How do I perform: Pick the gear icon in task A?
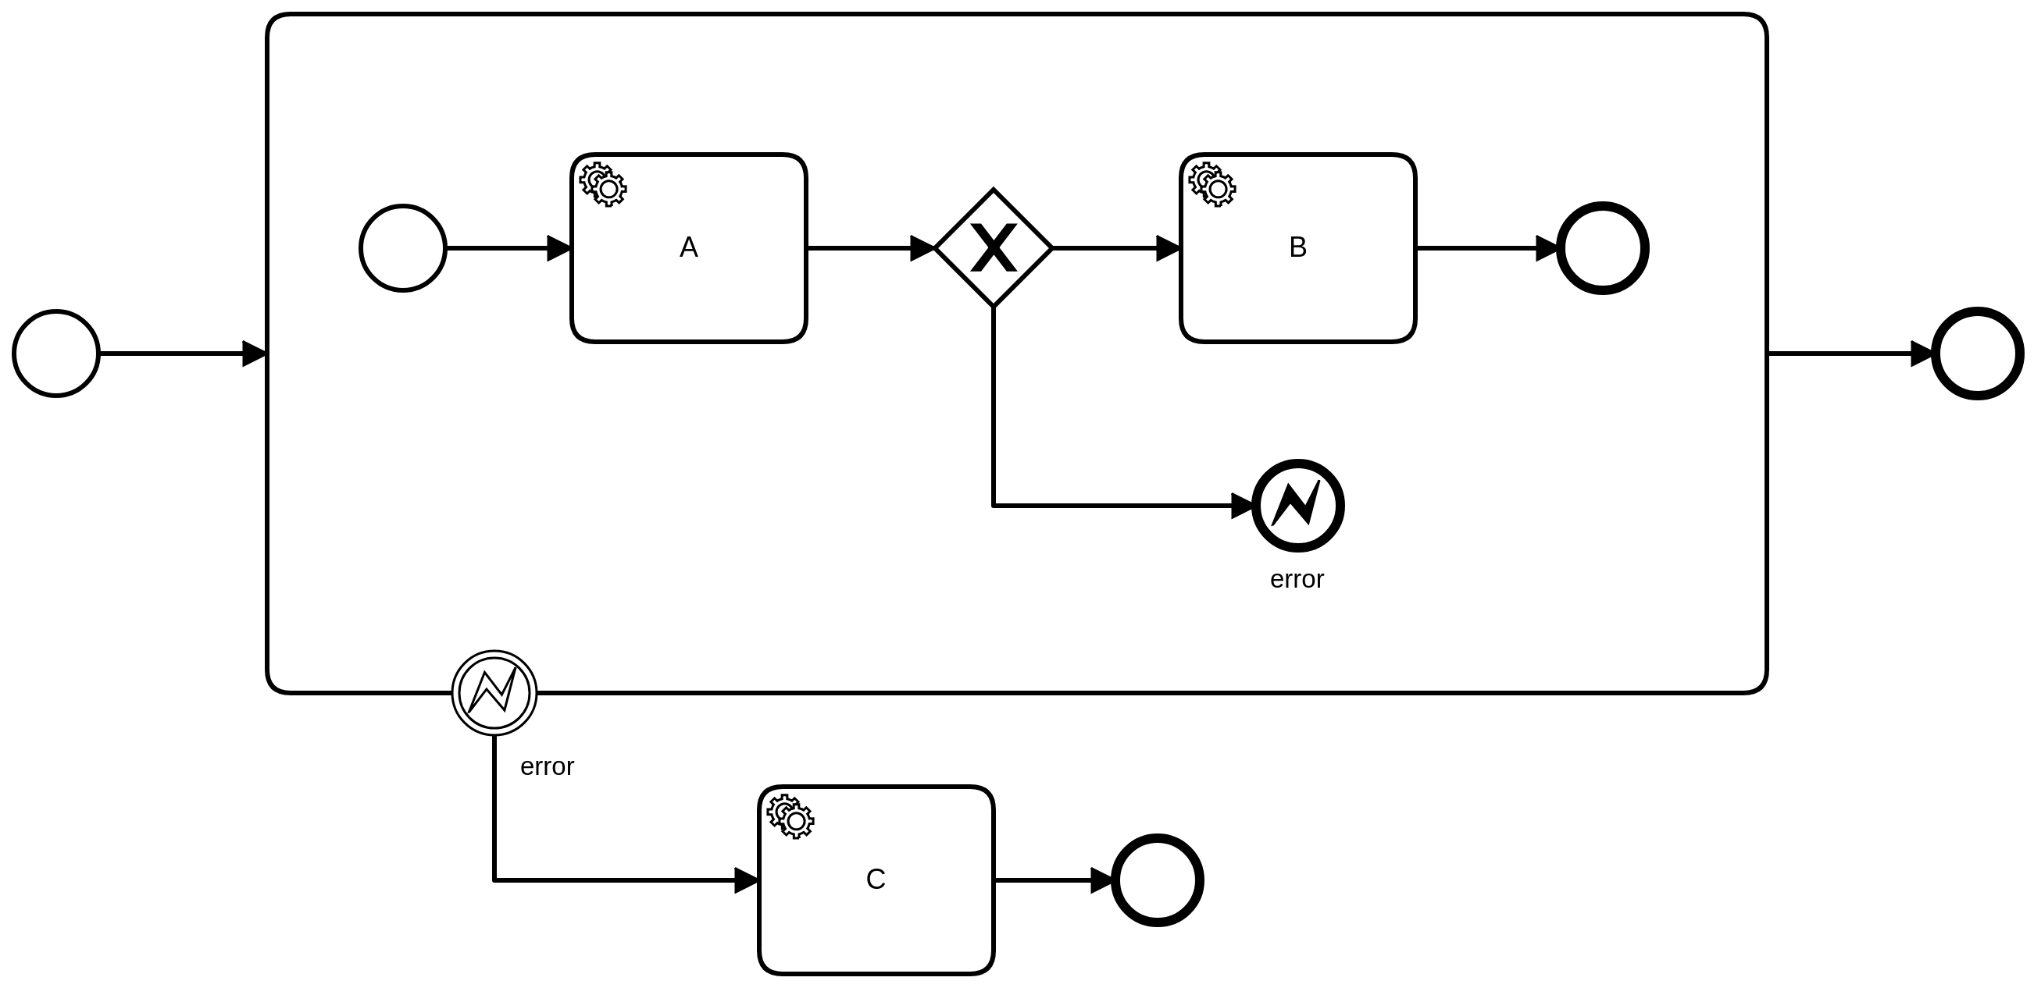click(603, 185)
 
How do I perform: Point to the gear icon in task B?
click(1212, 185)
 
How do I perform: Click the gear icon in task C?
click(790, 817)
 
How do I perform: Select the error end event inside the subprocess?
click(1297, 505)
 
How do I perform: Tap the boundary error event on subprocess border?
click(494, 693)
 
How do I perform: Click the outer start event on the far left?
click(56, 354)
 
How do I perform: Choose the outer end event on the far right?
click(1977, 354)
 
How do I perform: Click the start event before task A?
click(403, 248)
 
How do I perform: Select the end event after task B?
click(1602, 248)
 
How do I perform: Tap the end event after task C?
click(1157, 880)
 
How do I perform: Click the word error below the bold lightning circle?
click(1297, 579)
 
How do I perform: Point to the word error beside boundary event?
click(547, 766)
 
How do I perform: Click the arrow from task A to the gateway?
click(869, 248)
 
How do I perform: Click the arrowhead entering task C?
click(746, 880)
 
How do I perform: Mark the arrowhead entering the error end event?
click(1243, 506)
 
